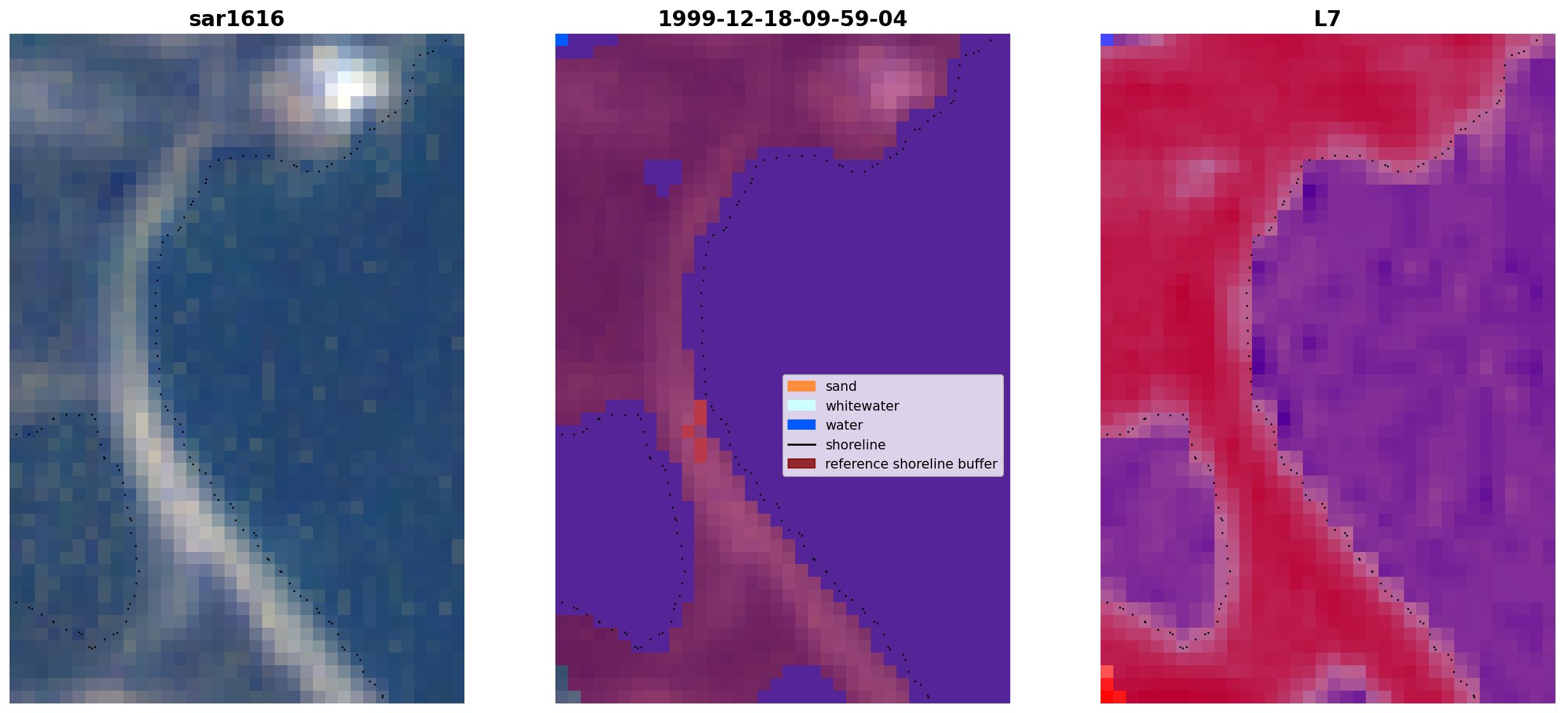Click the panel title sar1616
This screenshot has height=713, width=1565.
point(237,18)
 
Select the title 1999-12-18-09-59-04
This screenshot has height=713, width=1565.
point(783,18)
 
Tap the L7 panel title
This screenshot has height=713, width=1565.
point(1328,18)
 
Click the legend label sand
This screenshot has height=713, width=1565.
point(841,386)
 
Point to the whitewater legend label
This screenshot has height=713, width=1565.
point(862,406)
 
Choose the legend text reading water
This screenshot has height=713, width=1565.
point(844,425)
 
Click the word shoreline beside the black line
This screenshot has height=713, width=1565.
point(855,445)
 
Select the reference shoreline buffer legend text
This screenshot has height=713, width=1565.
point(911,464)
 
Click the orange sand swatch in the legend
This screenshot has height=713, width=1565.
point(802,386)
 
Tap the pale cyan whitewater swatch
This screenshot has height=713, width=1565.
point(802,406)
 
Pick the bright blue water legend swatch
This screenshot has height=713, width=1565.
point(802,425)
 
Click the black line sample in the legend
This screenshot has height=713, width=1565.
point(802,444)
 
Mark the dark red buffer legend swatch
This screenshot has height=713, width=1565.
point(802,463)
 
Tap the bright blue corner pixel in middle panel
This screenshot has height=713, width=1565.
point(562,39)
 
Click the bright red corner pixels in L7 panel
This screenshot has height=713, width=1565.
point(1110,688)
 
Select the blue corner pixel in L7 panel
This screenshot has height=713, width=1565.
point(1107,39)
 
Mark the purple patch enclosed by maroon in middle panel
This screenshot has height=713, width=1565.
point(662,176)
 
